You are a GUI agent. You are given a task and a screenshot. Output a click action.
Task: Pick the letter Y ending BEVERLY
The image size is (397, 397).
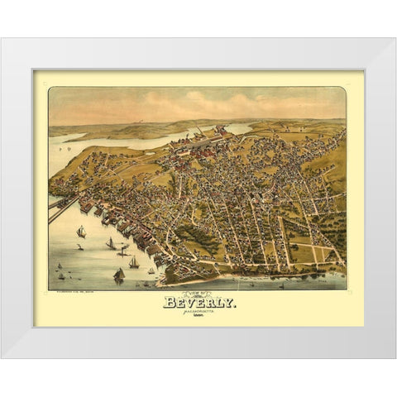pyautogui.click(x=228, y=304)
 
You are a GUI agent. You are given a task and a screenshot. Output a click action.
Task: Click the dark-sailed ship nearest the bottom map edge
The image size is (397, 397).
pyautogui.click(x=119, y=275)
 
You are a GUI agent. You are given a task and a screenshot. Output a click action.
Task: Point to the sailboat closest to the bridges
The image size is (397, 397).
pyautogui.click(x=80, y=233)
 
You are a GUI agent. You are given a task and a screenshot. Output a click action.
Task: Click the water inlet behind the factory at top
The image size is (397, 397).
pyautogui.click(x=236, y=128)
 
